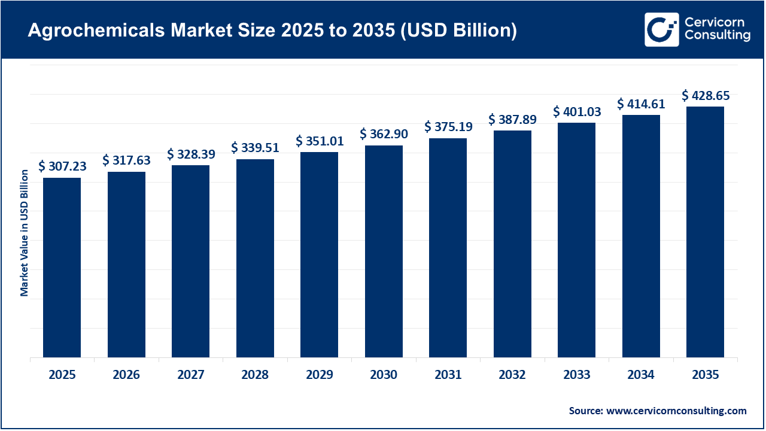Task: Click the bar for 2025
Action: point(62,268)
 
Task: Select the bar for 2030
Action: point(384,251)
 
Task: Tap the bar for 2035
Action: point(705,232)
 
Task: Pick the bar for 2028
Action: point(255,258)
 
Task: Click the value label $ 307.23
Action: point(62,167)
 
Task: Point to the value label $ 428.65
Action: point(706,96)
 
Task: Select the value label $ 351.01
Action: point(320,141)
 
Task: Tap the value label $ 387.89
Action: point(512,120)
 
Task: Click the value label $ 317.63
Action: point(126,160)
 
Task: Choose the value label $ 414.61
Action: point(641,104)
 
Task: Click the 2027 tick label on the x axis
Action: point(191,375)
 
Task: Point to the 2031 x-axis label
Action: point(448,375)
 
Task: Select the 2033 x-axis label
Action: point(577,375)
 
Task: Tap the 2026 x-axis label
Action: point(126,375)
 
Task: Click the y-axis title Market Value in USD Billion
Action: point(25,233)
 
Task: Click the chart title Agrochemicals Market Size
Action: point(272,31)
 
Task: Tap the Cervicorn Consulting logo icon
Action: point(661,29)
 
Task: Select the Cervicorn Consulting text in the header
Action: point(717,29)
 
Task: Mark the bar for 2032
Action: point(512,244)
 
